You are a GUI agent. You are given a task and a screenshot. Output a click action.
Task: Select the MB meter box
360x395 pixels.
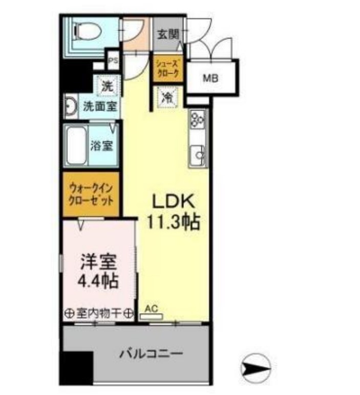coord(210,78)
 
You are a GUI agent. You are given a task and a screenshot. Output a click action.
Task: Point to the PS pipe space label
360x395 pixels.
coord(112,59)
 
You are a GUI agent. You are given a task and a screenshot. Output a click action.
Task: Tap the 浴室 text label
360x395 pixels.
coord(101,145)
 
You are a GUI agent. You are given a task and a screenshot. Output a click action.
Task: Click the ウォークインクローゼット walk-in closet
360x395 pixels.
coord(91,193)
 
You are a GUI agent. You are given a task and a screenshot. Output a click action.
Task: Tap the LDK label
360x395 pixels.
coord(173,201)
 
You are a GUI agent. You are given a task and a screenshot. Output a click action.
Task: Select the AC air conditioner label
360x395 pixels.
coord(151,309)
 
